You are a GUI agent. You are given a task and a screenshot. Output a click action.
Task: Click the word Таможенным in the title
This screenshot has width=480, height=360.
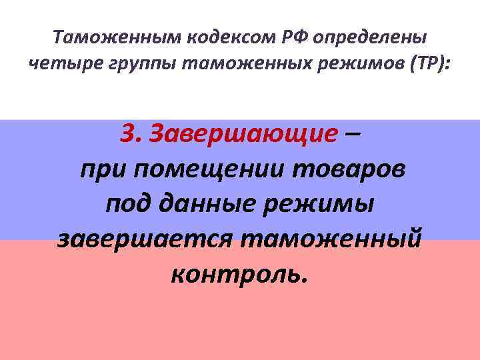pos(103,37)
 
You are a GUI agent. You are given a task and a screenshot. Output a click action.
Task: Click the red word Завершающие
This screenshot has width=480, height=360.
pos(243,135)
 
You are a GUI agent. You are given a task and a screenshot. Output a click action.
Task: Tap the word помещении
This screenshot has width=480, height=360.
pos(214,171)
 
